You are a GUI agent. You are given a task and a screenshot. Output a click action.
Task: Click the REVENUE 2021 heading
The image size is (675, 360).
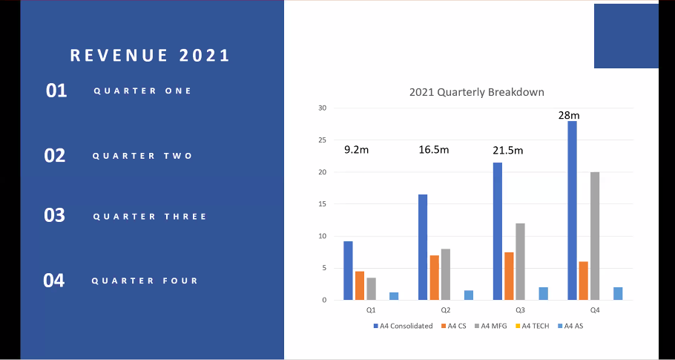pyautogui.click(x=150, y=56)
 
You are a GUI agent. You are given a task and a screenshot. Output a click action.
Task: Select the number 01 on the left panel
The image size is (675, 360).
pyautogui.click(x=56, y=91)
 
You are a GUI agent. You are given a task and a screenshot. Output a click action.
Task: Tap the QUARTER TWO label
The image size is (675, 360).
pyautogui.click(x=142, y=156)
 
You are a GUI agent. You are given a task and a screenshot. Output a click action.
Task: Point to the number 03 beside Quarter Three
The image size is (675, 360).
pyautogui.click(x=55, y=216)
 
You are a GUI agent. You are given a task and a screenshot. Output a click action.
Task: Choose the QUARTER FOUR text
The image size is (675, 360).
pyautogui.click(x=145, y=281)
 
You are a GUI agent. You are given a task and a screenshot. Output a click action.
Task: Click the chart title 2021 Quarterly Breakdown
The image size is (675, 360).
pyautogui.click(x=477, y=93)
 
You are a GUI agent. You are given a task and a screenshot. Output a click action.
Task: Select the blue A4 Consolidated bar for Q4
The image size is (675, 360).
pyautogui.click(x=572, y=211)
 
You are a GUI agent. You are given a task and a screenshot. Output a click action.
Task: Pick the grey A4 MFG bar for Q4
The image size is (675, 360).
pyautogui.click(x=595, y=236)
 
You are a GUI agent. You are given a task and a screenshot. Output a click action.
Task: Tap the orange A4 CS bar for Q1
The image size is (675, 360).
pyautogui.click(x=359, y=286)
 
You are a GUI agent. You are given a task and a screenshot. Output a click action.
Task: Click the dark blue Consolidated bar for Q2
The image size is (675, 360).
pyautogui.click(x=422, y=247)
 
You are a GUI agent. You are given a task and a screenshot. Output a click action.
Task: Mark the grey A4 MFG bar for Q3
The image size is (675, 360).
pyautogui.click(x=520, y=262)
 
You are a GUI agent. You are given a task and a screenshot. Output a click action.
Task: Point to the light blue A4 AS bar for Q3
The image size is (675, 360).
pyautogui.click(x=543, y=294)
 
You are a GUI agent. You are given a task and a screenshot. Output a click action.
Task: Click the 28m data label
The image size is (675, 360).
pyautogui.click(x=569, y=115)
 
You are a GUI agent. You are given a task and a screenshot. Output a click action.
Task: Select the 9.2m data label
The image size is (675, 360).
pyautogui.click(x=357, y=150)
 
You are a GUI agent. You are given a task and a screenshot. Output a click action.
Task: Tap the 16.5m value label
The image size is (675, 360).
pyautogui.click(x=433, y=150)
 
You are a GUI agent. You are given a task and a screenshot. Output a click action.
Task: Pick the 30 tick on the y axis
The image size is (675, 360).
pyautogui.click(x=322, y=108)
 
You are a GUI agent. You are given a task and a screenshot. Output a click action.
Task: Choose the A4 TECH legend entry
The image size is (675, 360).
pyautogui.click(x=536, y=326)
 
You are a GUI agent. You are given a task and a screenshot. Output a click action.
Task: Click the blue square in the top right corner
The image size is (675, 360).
pyautogui.click(x=626, y=36)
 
